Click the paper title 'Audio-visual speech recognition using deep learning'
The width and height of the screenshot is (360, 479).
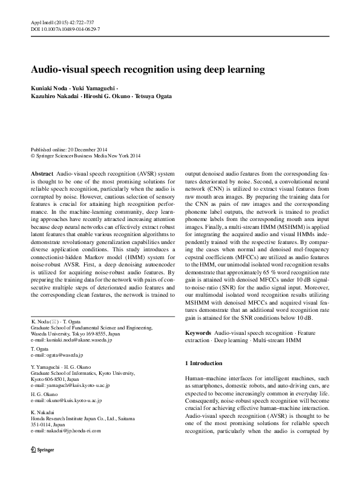(x=148, y=70)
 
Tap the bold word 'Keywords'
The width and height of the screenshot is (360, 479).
(x=198, y=333)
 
